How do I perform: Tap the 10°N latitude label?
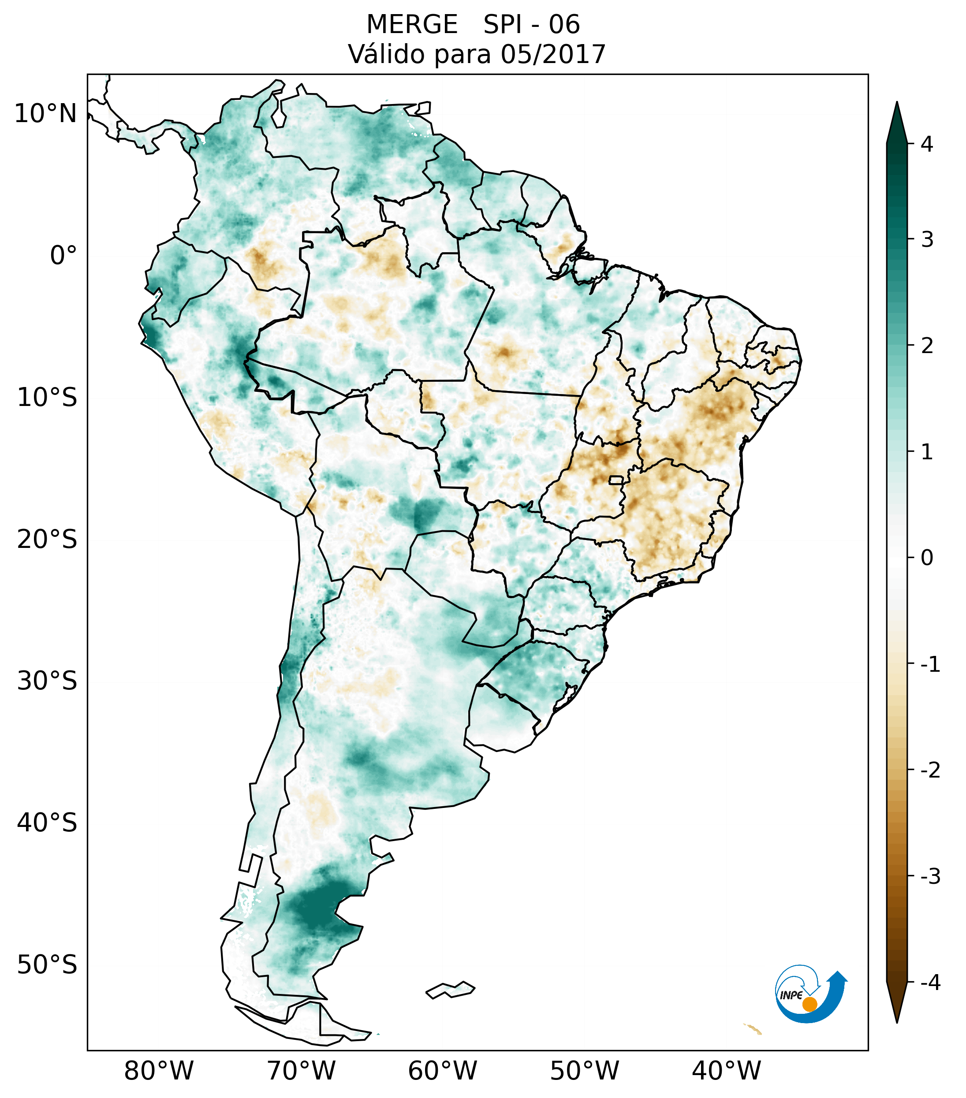pyautogui.click(x=46, y=114)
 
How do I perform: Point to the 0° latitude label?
pyautogui.click(x=63, y=256)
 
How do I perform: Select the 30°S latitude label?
pyautogui.click(x=47, y=681)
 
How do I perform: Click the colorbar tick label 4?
pyautogui.click(x=927, y=144)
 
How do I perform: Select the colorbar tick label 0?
pyautogui.click(x=927, y=558)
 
